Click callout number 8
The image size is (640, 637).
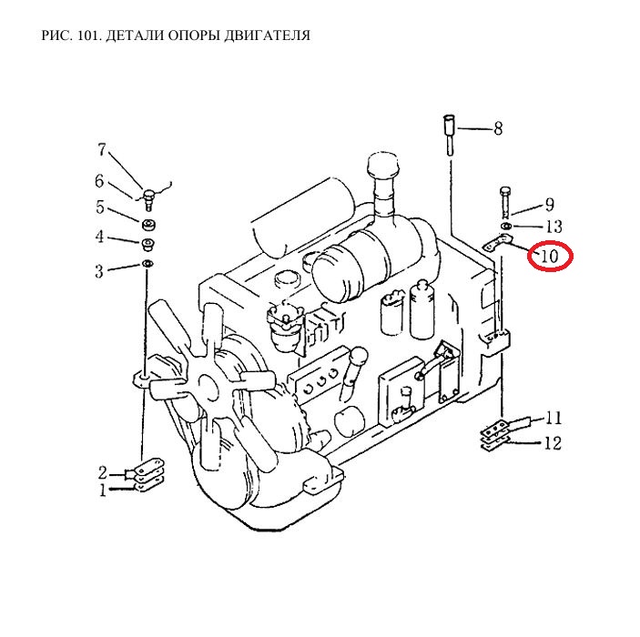tap(498, 128)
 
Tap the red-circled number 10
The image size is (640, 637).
tap(549, 257)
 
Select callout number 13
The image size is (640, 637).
tap(554, 227)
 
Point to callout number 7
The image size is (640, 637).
tap(102, 150)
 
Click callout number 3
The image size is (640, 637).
tap(99, 271)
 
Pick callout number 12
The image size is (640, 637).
tap(554, 443)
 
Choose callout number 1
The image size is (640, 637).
tap(103, 490)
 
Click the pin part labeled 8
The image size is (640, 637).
tap(450, 135)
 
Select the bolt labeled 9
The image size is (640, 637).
tap(505, 201)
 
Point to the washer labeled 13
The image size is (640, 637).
tap(506, 226)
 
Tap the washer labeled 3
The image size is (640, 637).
tap(147, 264)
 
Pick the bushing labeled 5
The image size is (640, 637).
tap(149, 225)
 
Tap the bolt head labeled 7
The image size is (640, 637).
tap(148, 193)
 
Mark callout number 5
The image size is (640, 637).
tap(100, 207)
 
